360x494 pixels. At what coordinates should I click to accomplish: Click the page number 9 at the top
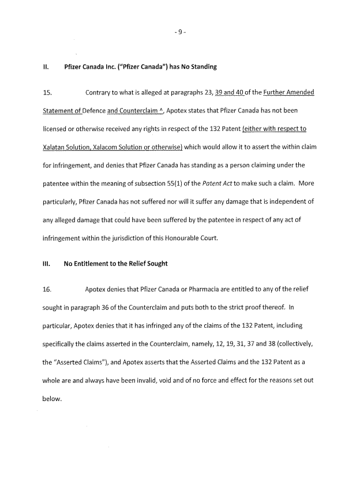point(180,33)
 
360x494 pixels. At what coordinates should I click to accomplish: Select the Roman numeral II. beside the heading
point(46,67)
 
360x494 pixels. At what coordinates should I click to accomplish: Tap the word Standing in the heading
point(202,67)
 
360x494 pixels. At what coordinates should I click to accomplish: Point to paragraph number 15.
point(47,93)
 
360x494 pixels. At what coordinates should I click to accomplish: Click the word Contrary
point(99,93)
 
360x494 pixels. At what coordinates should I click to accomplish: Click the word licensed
point(57,129)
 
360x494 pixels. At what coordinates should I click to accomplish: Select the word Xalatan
point(57,147)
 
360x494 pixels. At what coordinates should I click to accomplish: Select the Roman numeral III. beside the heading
point(47,264)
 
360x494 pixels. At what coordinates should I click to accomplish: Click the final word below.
point(52,398)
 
